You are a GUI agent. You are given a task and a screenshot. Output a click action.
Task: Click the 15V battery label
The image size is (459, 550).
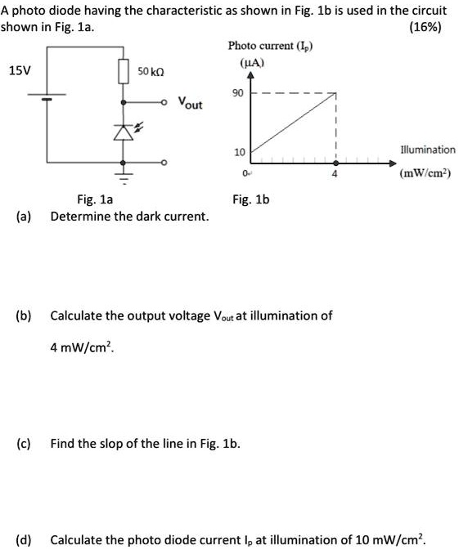point(18,70)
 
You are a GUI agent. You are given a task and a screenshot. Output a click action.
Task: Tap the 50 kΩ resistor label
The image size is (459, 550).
point(151,72)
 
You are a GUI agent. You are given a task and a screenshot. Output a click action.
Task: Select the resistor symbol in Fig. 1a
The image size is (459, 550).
point(124,72)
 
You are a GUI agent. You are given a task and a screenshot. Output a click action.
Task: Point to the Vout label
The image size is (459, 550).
point(190,105)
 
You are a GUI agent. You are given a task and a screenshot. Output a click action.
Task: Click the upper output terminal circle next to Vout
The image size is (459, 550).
point(164,102)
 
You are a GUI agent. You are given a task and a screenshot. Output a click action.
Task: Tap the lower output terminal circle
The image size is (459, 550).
point(164,164)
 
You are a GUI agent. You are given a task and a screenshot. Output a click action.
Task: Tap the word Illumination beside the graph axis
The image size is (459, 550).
point(427,150)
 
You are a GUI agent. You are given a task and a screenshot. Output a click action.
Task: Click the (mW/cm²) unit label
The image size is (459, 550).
point(427,173)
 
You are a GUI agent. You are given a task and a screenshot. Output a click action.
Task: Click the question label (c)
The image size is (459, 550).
point(25,444)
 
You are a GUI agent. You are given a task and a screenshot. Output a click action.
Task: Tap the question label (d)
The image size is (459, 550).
point(25,540)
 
